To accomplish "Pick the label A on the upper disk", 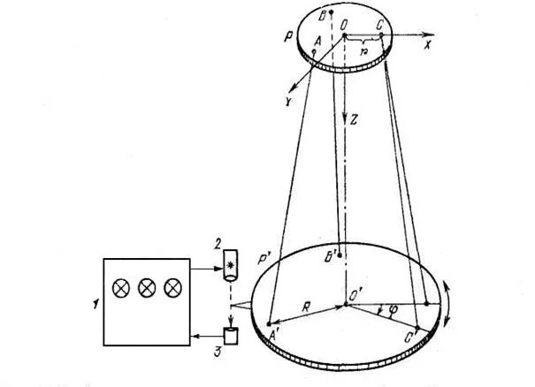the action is (x=317, y=41).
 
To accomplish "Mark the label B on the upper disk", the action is (x=324, y=11).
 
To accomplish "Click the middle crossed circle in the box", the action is (x=147, y=287).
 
